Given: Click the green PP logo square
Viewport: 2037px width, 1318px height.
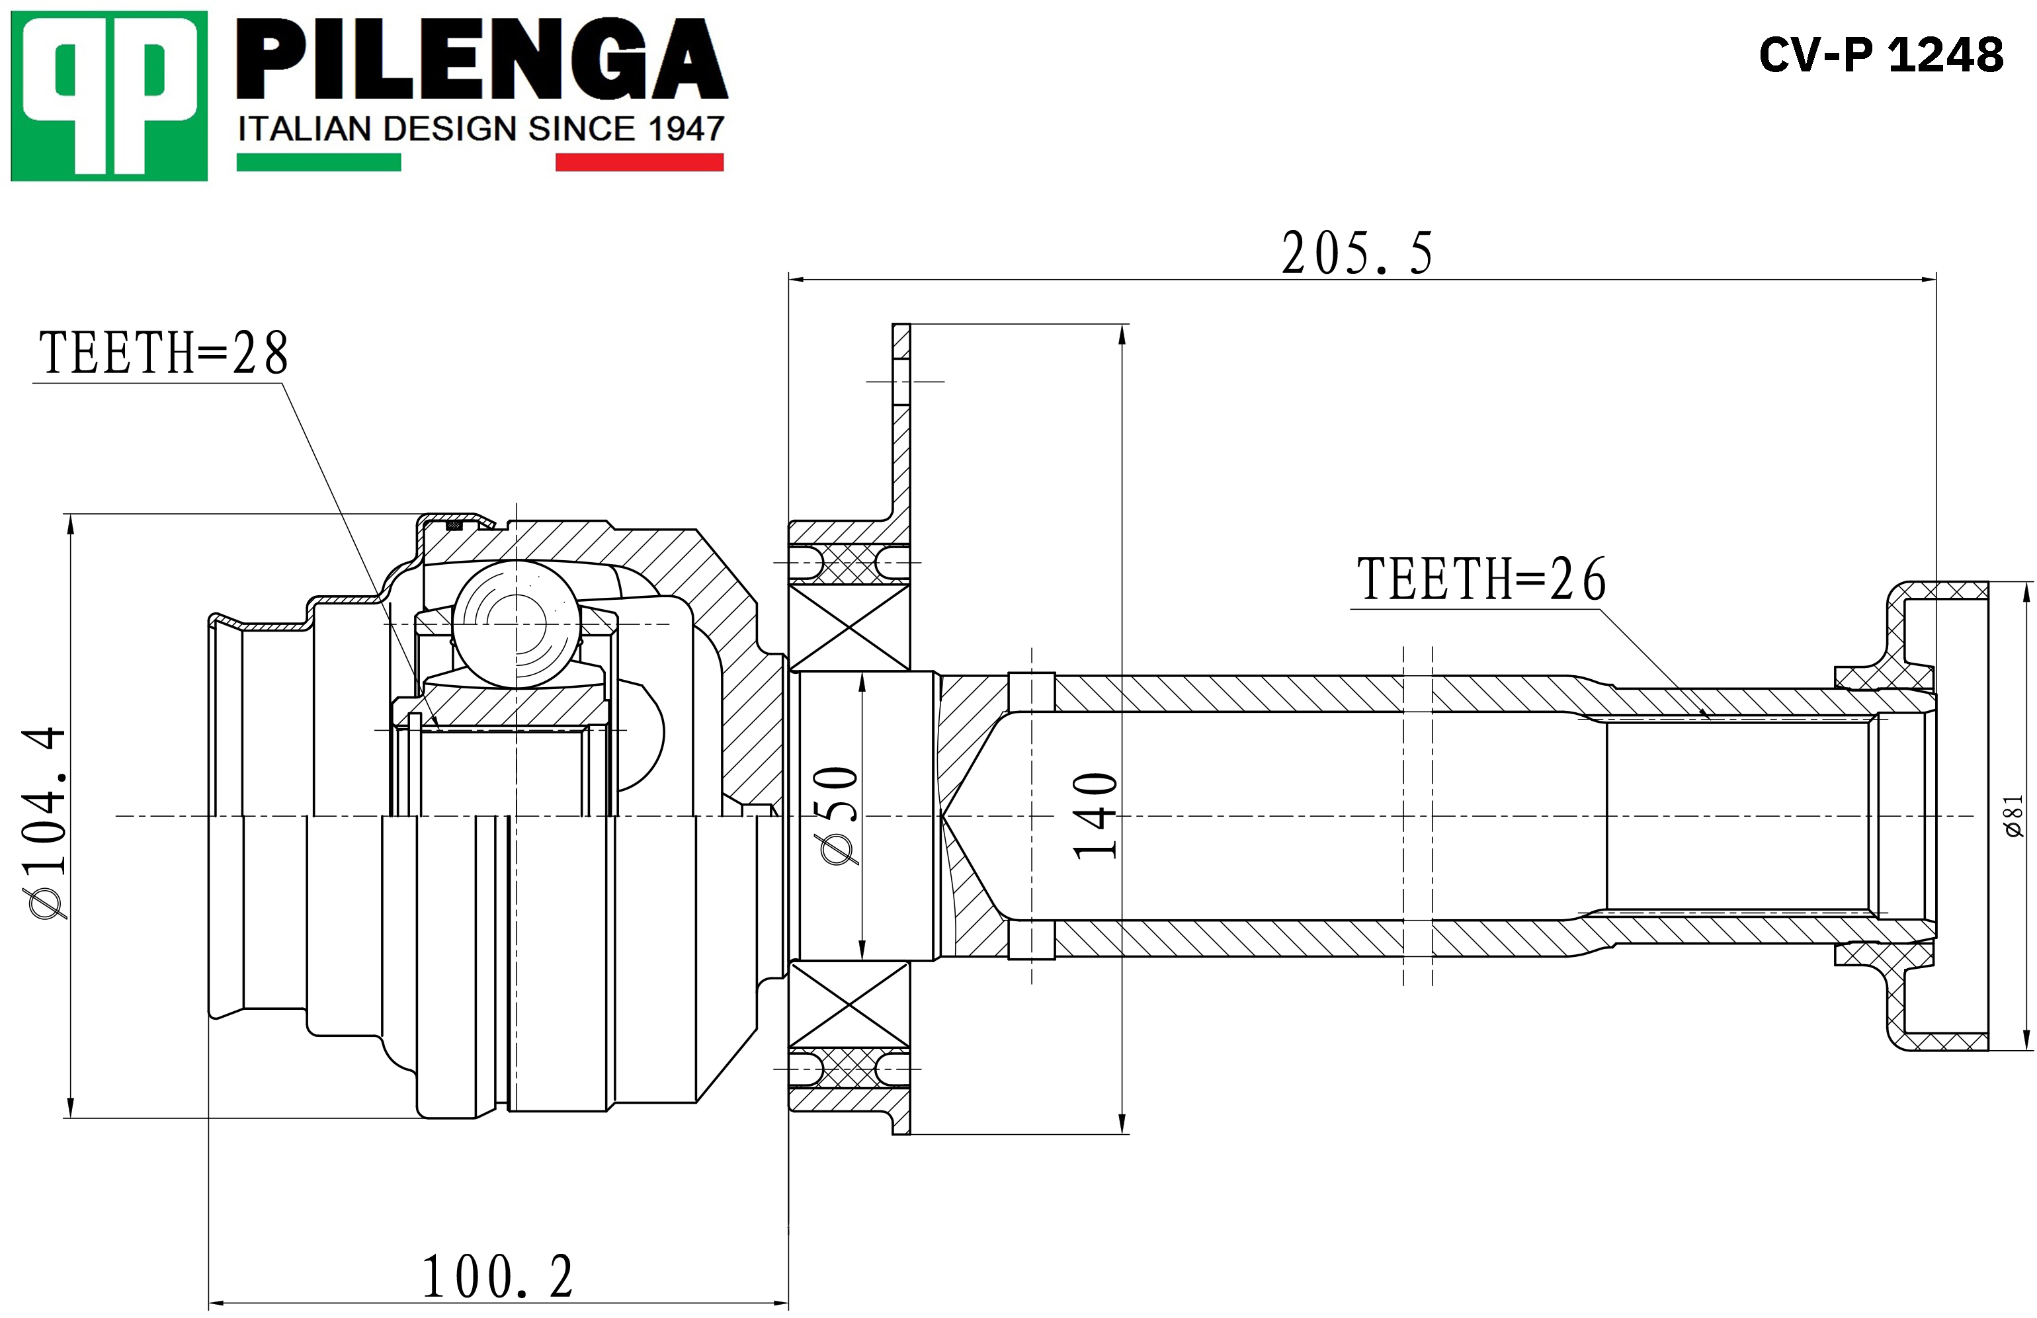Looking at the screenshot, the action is pos(108,96).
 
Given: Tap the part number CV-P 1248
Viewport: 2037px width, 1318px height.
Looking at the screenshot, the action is pos(1881,55).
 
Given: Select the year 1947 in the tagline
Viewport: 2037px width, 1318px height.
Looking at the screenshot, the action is pos(686,129).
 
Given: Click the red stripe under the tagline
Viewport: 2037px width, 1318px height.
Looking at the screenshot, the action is pos(640,162).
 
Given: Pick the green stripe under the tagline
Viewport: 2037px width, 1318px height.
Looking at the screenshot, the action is pos(318,162).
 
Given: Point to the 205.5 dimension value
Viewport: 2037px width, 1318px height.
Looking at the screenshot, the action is pos(1356,253).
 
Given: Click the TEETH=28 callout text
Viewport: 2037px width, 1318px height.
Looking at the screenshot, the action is pos(163,352).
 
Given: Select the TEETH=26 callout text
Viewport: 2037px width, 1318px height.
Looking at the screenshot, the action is pos(1481,579).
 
